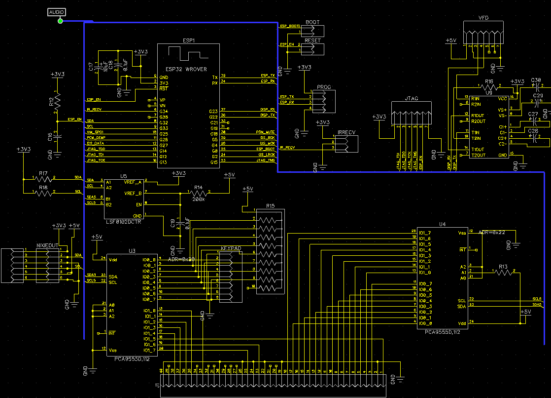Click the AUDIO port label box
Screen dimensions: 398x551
coord(57,12)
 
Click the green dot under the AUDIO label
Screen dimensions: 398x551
coord(60,20)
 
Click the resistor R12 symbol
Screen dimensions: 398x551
coord(58,102)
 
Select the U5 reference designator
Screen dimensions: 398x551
coord(123,176)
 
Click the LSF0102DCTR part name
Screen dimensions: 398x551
coord(124,223)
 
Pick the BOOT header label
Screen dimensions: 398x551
coord(312,23)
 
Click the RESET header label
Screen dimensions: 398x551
coord(312,40)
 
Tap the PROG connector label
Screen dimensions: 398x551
coord(324,87)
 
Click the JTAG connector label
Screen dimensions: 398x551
coord(411,99)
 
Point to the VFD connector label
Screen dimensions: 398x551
coord(483,18)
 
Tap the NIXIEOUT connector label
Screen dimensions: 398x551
coord(48,245)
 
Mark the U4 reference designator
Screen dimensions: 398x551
coord(442,225)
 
